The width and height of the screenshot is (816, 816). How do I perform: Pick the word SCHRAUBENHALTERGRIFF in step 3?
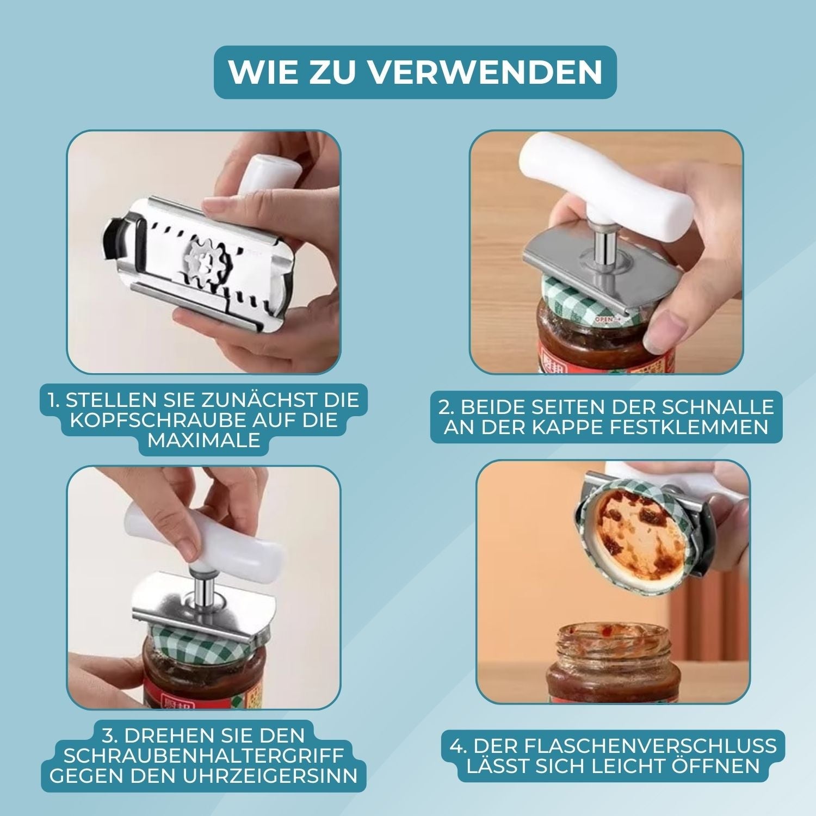coord(203,756)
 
